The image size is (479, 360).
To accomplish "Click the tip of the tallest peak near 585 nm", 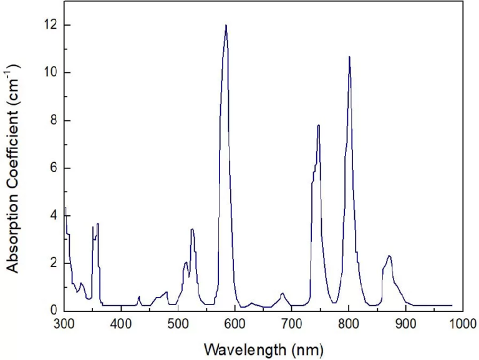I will point(226,26).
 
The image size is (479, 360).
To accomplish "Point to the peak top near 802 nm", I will point(349,57).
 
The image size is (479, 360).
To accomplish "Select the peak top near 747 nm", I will point(319,125).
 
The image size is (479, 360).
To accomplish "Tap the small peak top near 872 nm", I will point(389,256).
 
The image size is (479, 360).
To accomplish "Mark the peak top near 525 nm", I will point(192,230).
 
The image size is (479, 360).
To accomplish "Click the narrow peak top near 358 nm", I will point(97,223).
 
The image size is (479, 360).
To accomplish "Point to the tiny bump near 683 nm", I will point(283,293).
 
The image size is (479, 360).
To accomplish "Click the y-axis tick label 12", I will point(51,25).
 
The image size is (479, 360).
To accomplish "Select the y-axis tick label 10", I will point(51,72).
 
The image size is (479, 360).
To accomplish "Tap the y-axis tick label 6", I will point(54,168).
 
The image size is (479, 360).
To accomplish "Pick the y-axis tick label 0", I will point(54,310).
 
